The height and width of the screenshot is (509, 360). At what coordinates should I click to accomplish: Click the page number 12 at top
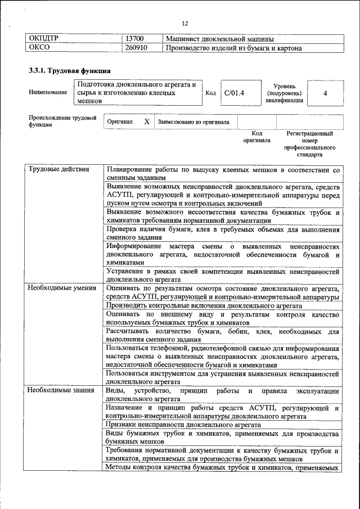(x=185, y=23)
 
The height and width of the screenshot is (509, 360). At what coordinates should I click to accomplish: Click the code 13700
(x=135, y=39)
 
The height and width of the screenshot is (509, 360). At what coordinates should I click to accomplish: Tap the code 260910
(x=137, y=48)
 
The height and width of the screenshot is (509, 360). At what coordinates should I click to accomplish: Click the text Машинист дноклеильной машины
(x=220, y=39)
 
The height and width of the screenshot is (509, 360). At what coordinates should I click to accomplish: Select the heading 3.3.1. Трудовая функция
(x=69, y=71)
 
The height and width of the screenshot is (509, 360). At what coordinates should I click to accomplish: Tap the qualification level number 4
(x=325, y=93)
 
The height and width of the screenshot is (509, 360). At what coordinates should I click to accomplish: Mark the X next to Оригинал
(x=146, y=121)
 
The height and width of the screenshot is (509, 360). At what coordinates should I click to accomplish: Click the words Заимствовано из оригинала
(x=193, y=121)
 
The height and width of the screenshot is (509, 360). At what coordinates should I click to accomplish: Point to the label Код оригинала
(x=256, y=137)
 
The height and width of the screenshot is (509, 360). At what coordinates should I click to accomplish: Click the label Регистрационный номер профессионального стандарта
(x=309, y=143)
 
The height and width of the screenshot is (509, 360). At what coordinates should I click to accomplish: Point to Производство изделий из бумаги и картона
(x=233, y=48)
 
